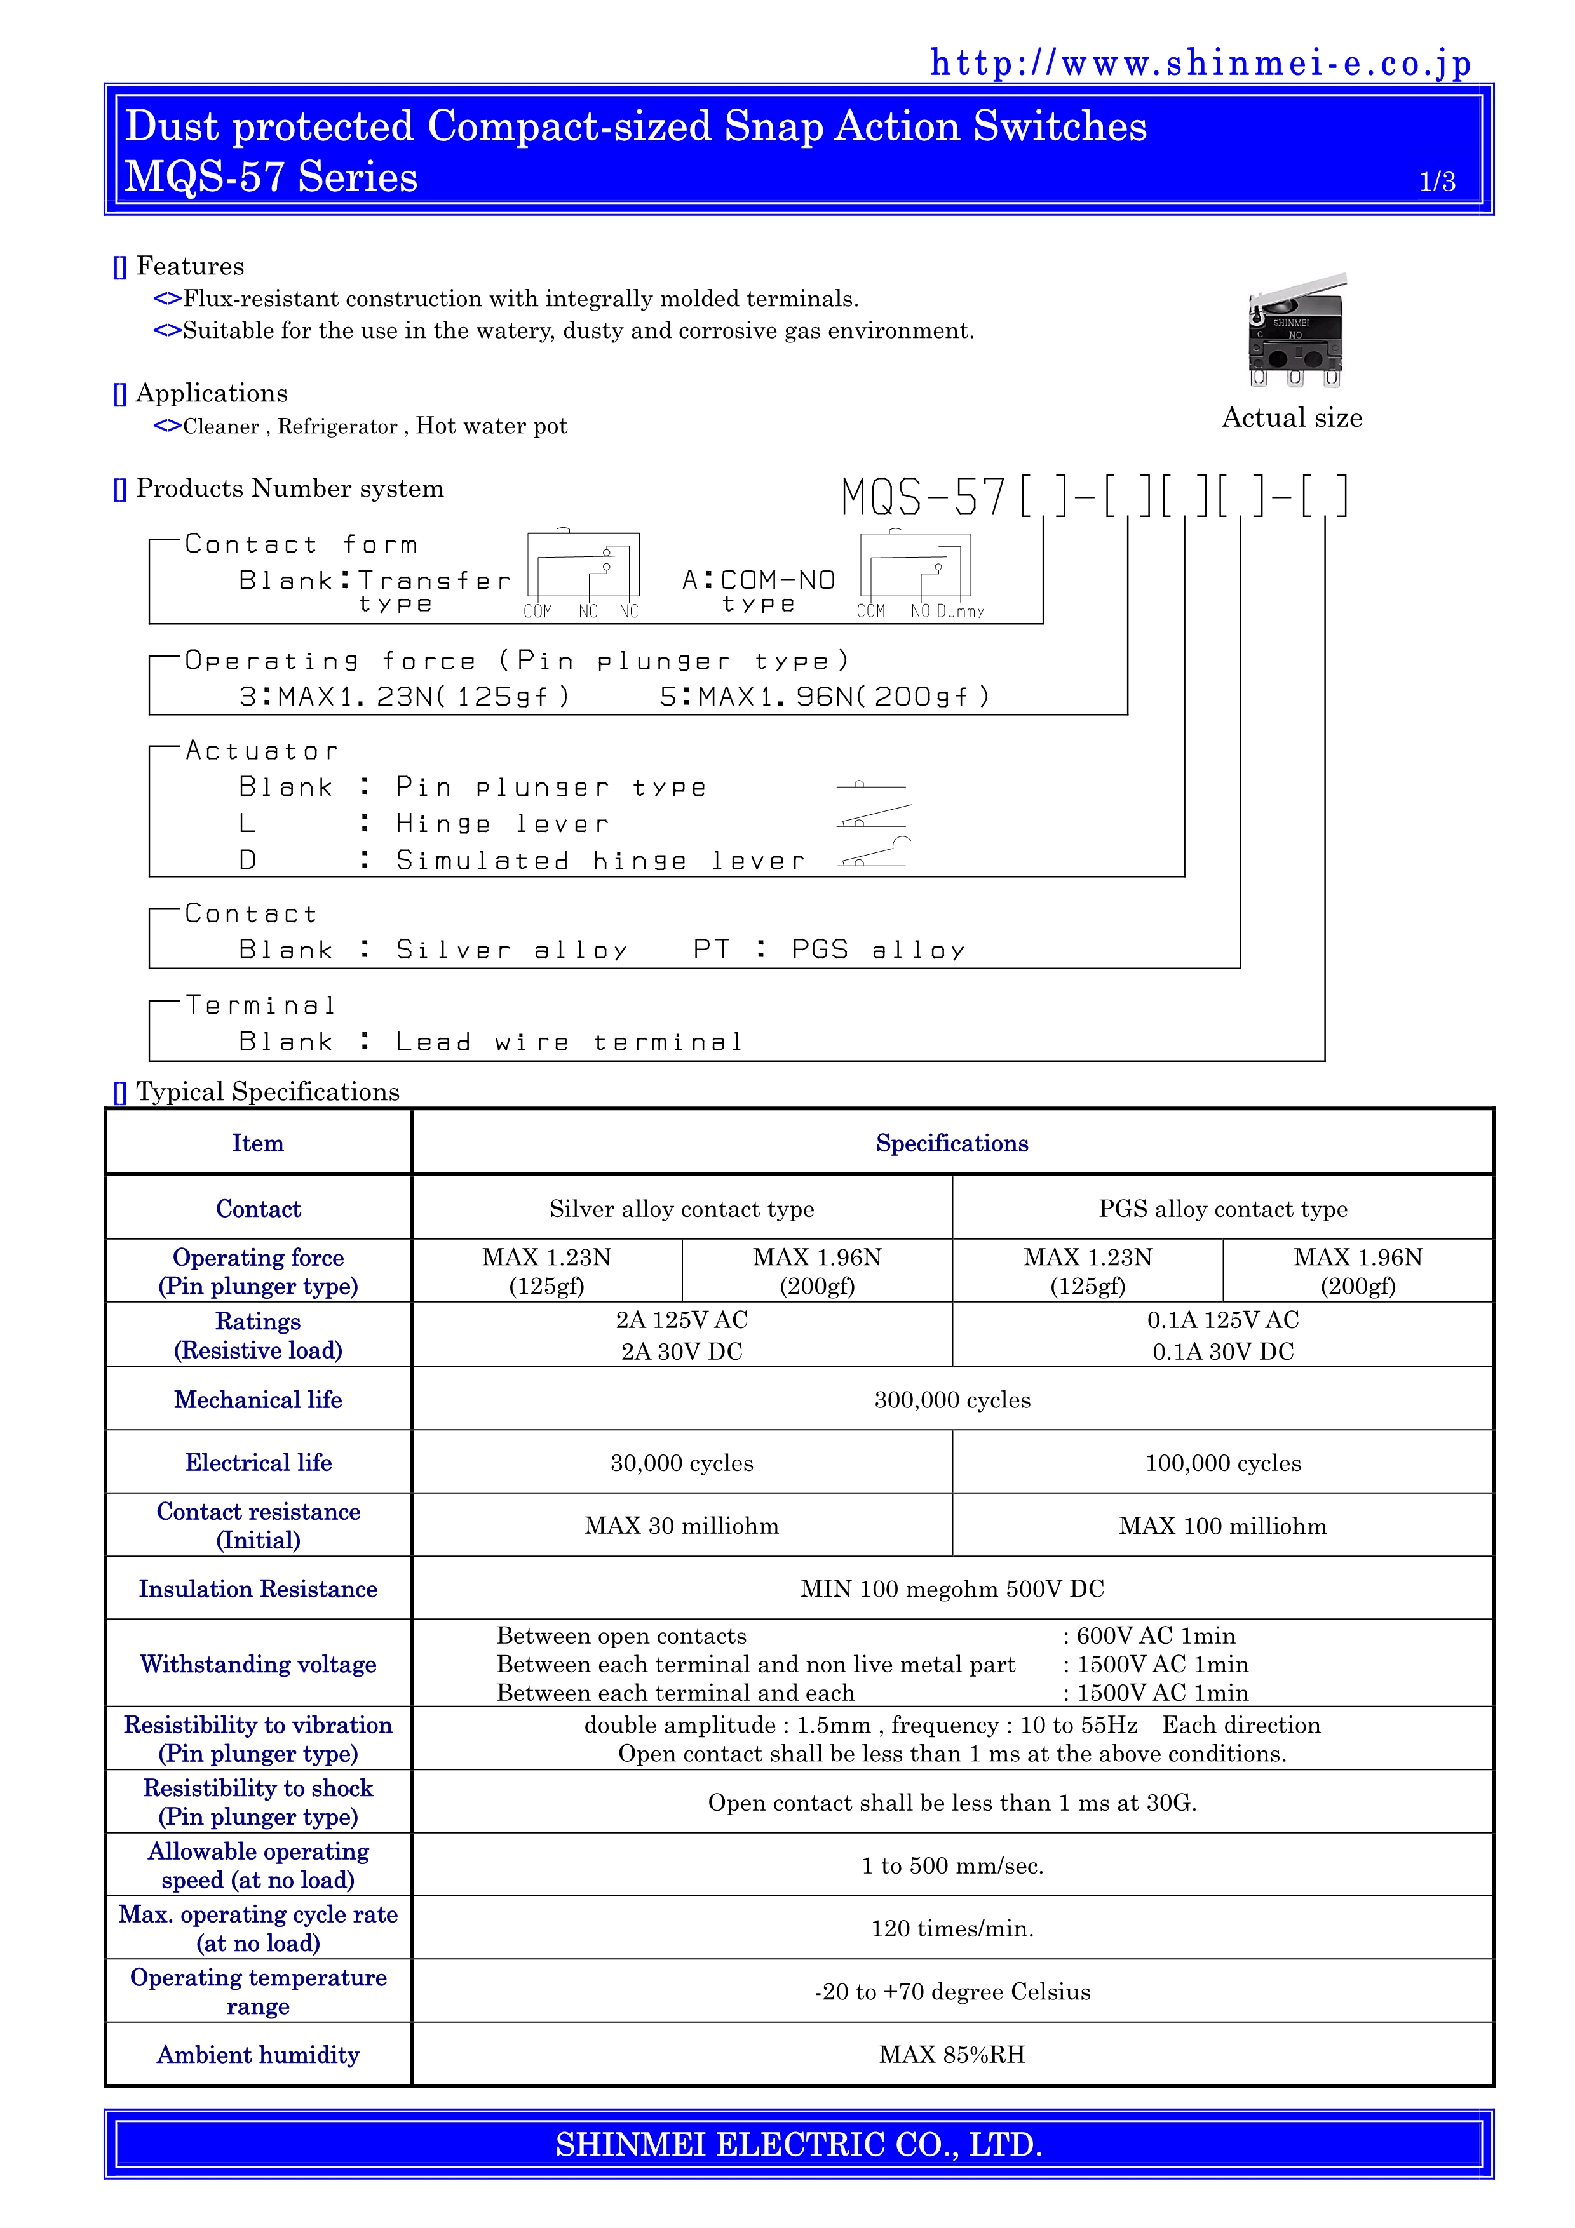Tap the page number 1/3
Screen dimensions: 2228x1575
1437,182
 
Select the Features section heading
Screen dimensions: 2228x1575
189,266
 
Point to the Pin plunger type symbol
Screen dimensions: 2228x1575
870,784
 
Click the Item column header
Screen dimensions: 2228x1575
258,1143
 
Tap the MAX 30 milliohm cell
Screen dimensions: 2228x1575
681,1526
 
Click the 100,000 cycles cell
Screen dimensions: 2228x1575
1223,1463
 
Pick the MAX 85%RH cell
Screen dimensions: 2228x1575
952,2055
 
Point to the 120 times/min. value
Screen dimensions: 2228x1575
952,1928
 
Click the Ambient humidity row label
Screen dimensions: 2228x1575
258,2055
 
